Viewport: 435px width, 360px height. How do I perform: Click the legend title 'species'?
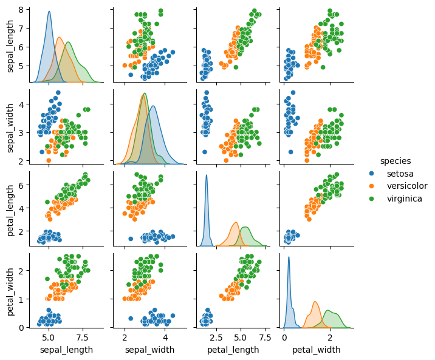coord(395,161)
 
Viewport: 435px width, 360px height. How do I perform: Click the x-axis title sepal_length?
coord(66,350)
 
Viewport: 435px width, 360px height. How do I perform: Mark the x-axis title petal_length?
coord(233,350)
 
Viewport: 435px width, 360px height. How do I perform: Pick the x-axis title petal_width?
coord(316,350)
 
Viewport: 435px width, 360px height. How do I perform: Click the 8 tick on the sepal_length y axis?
coord(21,10)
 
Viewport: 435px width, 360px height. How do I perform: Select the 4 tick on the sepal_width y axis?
coord(21,104)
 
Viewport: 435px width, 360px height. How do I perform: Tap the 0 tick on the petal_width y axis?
coord(21,327)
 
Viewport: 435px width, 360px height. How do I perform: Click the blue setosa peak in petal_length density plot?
coord(207,176)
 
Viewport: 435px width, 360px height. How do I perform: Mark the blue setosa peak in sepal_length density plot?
coord(49,12)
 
